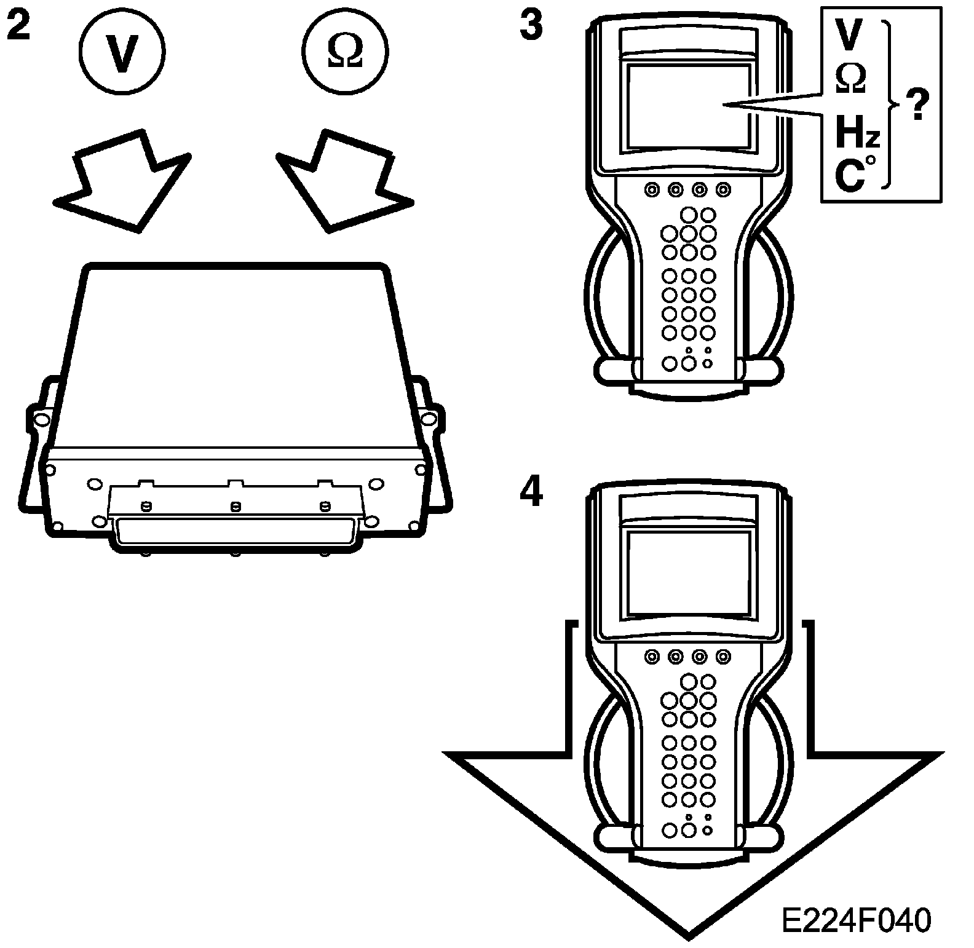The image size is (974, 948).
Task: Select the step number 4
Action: (531, 492)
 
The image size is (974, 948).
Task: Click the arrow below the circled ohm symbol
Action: (341, 181)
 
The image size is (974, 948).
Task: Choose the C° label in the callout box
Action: (852, 173)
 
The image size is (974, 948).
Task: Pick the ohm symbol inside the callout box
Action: (851, 78)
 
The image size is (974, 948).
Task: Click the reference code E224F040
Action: (856, 922)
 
